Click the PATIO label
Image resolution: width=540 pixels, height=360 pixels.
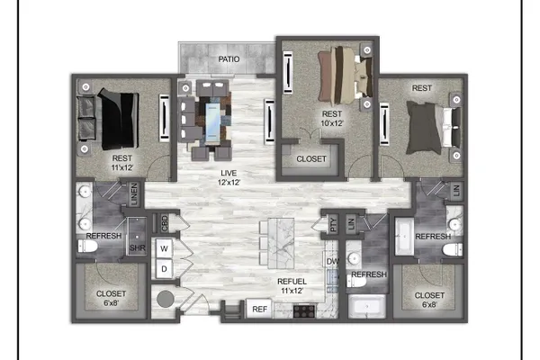click(x=229, y=59)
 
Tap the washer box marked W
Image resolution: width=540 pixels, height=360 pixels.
click(x=165, y=248)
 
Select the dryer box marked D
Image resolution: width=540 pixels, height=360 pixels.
click(x=165, y=269)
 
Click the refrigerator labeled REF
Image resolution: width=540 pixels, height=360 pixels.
click(x=259, y=309)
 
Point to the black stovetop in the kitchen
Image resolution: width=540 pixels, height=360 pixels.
click(x=304, y=310)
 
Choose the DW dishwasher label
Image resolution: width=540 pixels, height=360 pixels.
click(x=332, y=262)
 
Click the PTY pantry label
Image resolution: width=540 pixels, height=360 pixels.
click(x=333, y=224)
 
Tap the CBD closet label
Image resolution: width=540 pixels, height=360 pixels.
click(x=165, y=223)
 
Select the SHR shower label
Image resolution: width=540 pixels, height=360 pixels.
click(x=137, y=247)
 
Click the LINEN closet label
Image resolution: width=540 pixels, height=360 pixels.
click(x=134, y=194)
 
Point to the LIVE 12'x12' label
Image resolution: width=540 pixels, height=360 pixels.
click(x=229, y=177)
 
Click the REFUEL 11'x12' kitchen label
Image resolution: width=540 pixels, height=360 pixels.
click(x=292, y=286)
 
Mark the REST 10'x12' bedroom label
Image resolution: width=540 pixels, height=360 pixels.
click(x=332, y=119)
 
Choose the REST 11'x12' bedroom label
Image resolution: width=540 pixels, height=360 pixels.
click(x=121, y=163)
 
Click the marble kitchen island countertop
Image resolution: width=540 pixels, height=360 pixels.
click(x=281, y=243)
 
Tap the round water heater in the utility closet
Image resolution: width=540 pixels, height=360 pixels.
click(x=166, y=299)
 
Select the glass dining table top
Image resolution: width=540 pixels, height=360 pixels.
click(x=212, y=122)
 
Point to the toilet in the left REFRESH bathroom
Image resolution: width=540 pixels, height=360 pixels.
click(x=87, y=247)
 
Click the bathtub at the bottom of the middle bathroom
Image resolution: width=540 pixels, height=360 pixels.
click(x=367, y=306)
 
